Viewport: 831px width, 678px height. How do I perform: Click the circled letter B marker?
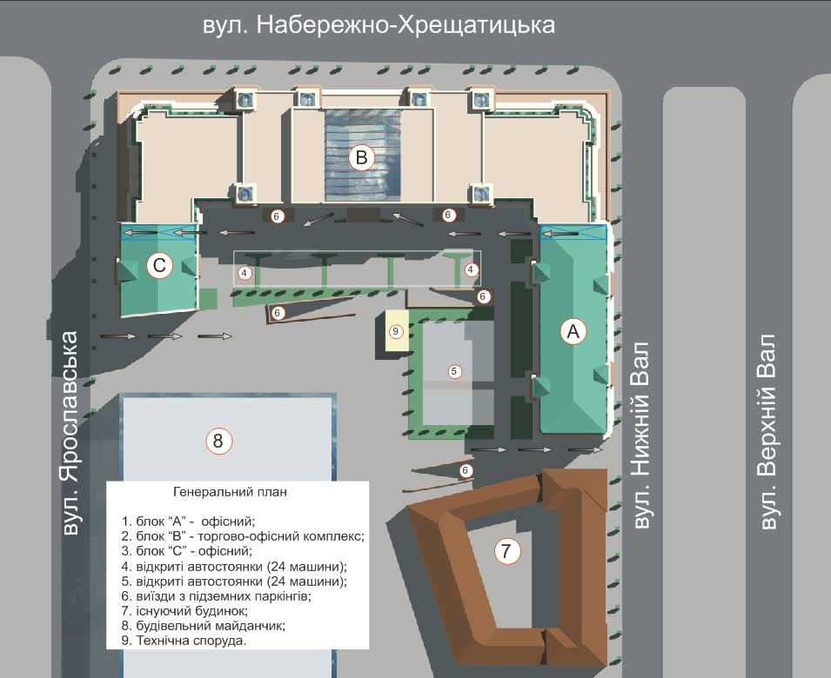[x=362, y=157]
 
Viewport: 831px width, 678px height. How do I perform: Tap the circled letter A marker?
[x=572, y=330]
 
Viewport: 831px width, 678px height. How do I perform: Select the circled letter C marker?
[x=160, y=266]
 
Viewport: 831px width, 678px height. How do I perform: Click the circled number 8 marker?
[x=218, y=441]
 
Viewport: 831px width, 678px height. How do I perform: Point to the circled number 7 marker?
[x=507, y=550]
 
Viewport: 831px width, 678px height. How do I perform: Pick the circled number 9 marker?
[x=395, y=330]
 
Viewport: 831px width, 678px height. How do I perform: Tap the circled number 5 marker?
[x=453, y=371]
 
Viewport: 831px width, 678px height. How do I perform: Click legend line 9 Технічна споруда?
[x=184, y=641]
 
